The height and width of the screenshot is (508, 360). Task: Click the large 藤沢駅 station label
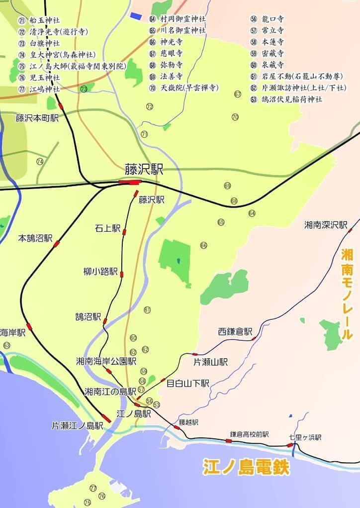(x=144, y=169)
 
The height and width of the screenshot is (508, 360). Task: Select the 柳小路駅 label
(x=100, y=272)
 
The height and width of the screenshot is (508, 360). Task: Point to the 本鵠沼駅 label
(x=35, y=238)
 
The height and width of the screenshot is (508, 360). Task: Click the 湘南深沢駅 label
(x=326, y=225)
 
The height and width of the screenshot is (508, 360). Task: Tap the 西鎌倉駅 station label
(x=235, y=331)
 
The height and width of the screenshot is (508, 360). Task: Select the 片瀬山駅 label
(x=210, y=362)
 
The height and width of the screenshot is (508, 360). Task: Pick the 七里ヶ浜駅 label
(x=305, y=437)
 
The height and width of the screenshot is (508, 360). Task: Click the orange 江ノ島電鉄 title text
(x=246, y=467)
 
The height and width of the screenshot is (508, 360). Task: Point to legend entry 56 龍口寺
(x=268, y=19)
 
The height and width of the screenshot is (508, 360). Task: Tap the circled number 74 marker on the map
(x=40, y=161)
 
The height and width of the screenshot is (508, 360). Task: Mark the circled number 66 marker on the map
(x=203, y=245)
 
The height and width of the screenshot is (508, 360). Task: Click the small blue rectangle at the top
(x=135, y=15)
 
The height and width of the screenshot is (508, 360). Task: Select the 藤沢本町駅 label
(x=37, y=118)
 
